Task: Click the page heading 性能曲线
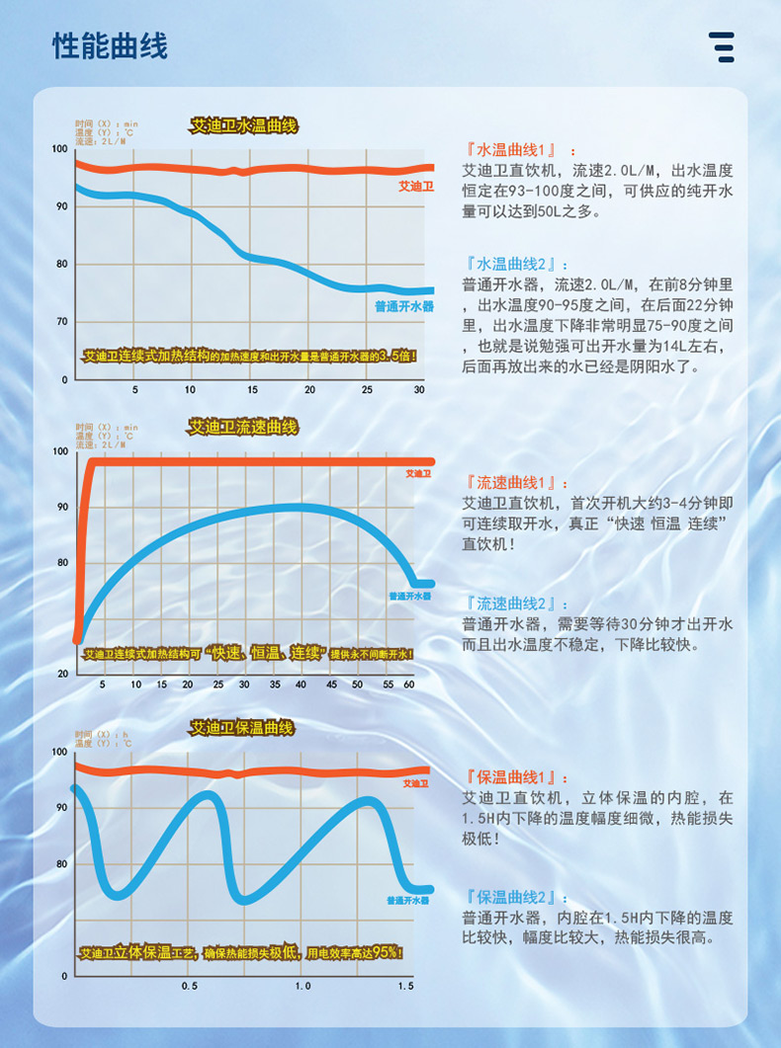click(x=110, y=46)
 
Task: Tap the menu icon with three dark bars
click(x=722, y=46)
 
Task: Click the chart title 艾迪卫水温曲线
click(x=243, y=126)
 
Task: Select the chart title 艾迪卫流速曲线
click(x=243, y=427)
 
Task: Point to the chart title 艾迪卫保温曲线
click(x=242, y=728)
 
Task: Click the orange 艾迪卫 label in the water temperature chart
click(x=416, y=186)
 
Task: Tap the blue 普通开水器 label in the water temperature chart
click(x=403, y=307)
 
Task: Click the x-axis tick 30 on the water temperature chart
click(x=418, y=390)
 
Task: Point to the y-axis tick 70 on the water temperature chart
click(x=61, y=322)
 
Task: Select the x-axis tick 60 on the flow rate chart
click(x=409, y=684)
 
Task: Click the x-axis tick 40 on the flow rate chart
click(x=301, y=684)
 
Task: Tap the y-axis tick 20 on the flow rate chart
click(x=61, y=674)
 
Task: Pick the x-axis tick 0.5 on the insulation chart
click(x=189, y=986)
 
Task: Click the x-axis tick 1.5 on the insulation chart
click(x=405, y=986)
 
